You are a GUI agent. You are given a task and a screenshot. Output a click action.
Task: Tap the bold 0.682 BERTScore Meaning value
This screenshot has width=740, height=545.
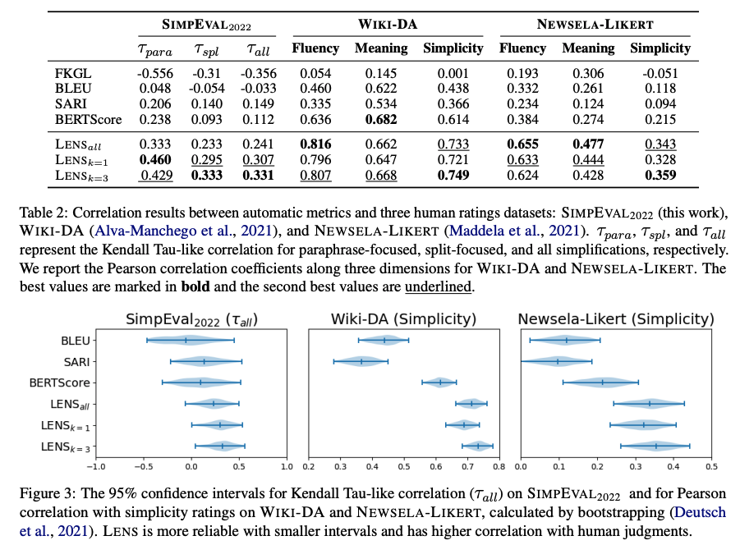(x=381, y=120)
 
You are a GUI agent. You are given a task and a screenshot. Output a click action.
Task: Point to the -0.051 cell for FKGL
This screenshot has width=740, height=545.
(x=660, y=75)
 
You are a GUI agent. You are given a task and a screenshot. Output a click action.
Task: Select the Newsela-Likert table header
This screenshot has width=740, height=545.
(x=598, y=25)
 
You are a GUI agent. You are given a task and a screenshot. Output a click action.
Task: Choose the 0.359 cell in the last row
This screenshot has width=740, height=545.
(x=660, y=176)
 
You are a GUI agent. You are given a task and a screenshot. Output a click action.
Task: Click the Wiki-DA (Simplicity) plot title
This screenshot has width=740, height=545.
(x=402, y=319)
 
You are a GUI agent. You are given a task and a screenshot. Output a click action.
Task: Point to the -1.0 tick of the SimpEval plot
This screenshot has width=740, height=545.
(x=96, y=467)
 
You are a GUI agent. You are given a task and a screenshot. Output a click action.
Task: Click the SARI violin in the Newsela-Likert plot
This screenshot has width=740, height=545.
(x=558, y=361)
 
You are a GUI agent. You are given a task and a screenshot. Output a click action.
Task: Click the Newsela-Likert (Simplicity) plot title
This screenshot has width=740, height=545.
(x=615, y=319)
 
